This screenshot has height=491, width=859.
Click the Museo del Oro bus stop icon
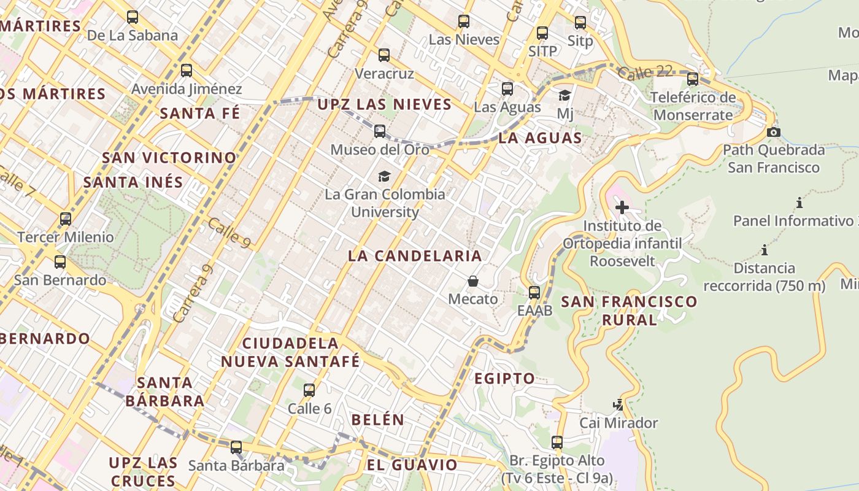point(380,131)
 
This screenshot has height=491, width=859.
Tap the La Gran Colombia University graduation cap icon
point(384,177)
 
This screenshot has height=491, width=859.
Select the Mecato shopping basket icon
point(473,282)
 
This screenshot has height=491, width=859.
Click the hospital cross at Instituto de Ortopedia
point(622,207)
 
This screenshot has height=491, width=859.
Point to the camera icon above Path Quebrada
point(774,132)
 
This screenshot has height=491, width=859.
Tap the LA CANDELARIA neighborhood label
point(415,256)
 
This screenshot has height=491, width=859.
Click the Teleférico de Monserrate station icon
point(693,79)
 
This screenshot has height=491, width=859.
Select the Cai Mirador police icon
point(618,405)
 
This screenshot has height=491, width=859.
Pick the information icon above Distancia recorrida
point(765,250)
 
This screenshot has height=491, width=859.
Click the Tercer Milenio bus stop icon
point(66,219)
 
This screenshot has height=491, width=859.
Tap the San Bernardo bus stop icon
point(60,262)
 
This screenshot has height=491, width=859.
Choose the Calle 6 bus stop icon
point(309,390)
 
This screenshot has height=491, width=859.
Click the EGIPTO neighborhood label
point(505,379)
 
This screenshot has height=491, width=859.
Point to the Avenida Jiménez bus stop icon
point(187,71)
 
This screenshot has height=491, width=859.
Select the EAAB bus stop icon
point(534,292)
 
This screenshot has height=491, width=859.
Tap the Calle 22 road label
point(645,72)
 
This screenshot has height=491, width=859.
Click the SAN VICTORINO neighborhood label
point(169,158)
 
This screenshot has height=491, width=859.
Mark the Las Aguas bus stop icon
point(507,89)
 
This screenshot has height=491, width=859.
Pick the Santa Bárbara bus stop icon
point(236,447)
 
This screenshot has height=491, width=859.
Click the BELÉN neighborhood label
point(378,420)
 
